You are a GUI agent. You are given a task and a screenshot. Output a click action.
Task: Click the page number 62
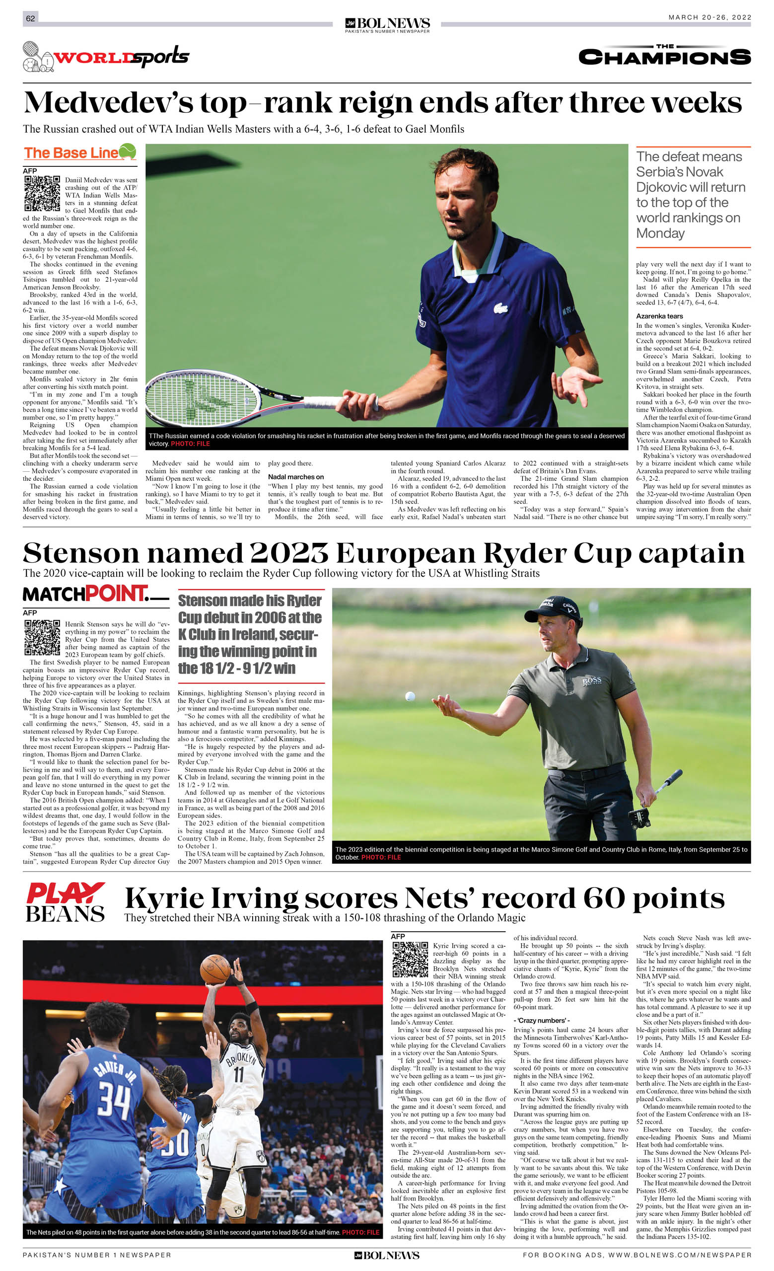[30, 18]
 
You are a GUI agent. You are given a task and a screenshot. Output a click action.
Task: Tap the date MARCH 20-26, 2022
[709, 17]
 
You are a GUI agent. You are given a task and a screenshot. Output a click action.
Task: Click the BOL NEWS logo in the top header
[387, 24]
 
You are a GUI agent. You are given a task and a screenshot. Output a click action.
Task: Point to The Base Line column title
[79, 152]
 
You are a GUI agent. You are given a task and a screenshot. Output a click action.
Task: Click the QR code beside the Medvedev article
[42, 193]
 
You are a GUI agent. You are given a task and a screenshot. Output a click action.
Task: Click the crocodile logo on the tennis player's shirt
[499, 308]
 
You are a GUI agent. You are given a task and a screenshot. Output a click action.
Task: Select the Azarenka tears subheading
[659, 316]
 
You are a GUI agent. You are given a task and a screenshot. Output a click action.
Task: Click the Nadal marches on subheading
[295, 477]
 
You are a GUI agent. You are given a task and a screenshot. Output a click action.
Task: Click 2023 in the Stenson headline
[289, 553]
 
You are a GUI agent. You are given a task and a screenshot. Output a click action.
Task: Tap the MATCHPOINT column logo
[95, 594]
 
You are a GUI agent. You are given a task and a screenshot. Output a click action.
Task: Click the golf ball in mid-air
[410, 696]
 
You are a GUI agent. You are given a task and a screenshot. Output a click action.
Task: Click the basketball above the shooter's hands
[215, 969]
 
